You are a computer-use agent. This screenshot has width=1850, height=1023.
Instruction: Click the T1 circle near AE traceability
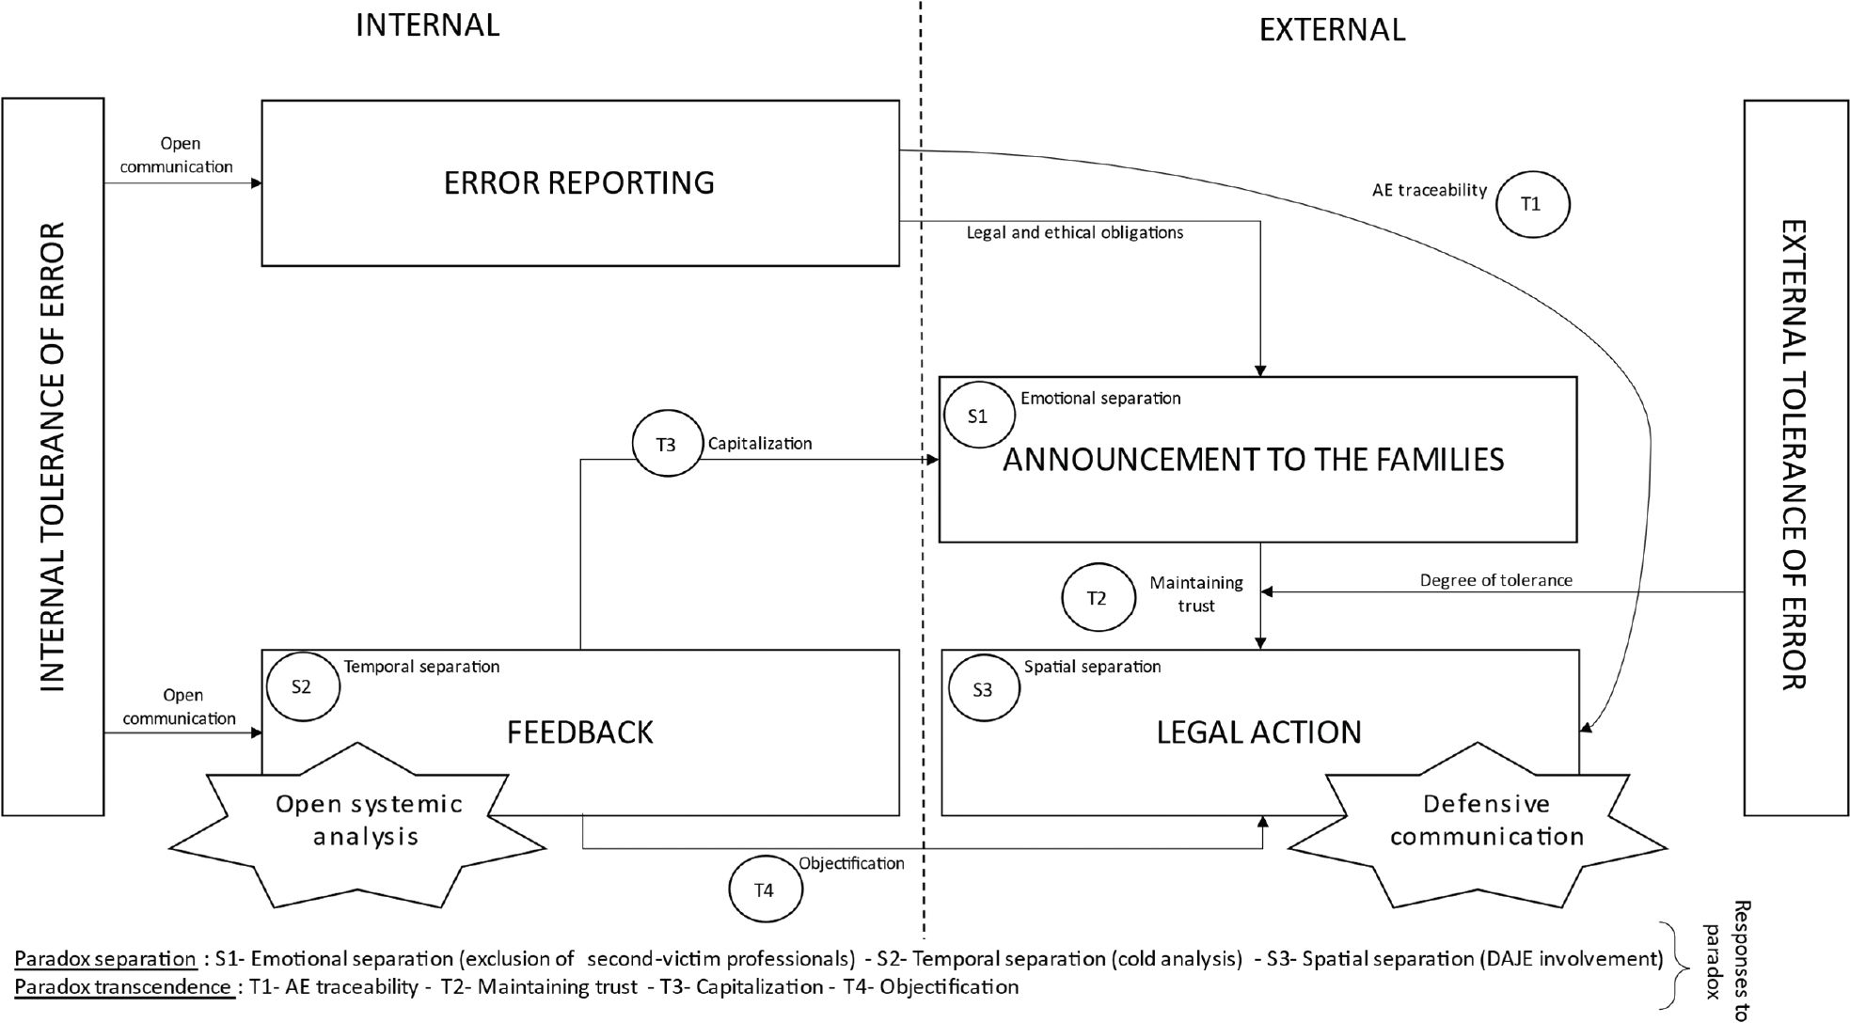click(1532, 204)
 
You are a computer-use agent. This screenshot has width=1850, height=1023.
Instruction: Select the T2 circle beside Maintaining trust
click(1098, 598)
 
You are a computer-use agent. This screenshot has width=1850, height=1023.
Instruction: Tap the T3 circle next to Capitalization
click(667, 444)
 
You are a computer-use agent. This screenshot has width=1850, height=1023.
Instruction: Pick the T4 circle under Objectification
click(766, 889)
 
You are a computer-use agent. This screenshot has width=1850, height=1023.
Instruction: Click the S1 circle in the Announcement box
click(978, 416)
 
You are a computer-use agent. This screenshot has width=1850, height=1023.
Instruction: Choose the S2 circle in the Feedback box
click(302, 687)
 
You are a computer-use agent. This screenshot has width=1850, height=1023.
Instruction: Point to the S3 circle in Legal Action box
click(983, 690)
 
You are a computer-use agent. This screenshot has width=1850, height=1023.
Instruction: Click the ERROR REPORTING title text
click(579, 183)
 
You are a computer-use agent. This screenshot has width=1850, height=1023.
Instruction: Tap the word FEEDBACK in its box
click(580, 732)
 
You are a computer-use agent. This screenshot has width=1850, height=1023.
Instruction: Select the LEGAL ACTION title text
click(1258, 732)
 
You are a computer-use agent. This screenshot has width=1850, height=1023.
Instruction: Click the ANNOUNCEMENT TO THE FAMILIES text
click(1253, 460)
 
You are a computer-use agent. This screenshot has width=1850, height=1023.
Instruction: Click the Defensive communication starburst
click(1487, 821)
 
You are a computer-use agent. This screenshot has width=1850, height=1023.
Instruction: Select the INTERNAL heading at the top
click(427, 25)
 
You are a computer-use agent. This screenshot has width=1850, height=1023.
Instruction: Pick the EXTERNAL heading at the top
click(1332, 30)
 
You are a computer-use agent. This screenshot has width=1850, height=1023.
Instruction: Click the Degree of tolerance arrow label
click(1495, 580)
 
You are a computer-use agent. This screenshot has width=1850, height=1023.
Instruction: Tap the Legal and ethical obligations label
click(1075, 232)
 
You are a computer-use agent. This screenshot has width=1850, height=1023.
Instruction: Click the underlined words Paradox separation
click(105, 959)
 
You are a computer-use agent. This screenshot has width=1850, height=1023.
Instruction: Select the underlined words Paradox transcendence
click(123, 987)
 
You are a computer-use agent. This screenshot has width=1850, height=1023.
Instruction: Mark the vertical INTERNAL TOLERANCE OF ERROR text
click(53, 457)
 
